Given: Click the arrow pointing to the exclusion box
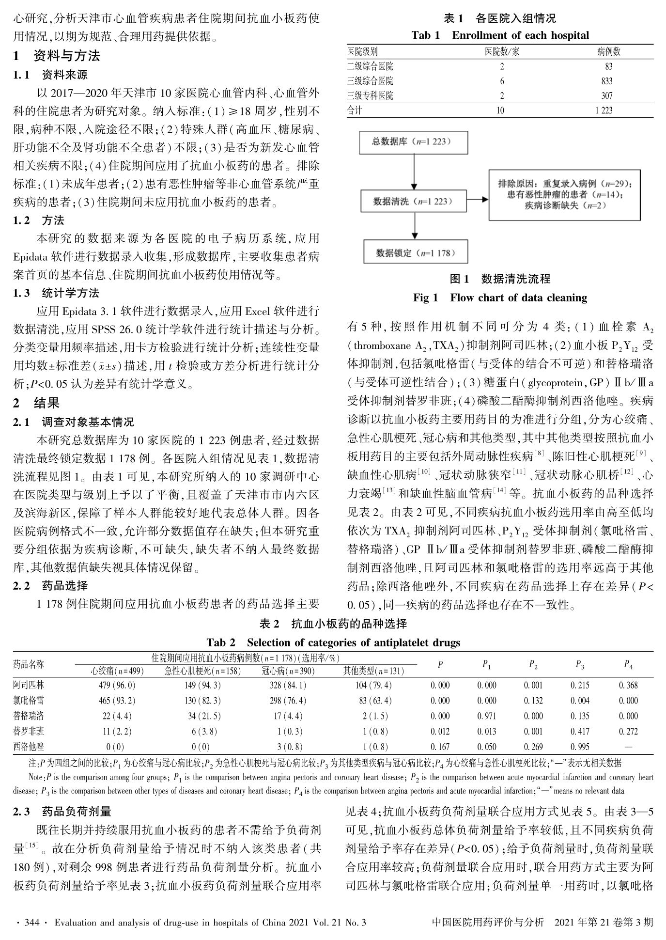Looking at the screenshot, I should [x=477, y=200].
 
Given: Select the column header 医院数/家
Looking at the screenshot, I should [x=502, y=52].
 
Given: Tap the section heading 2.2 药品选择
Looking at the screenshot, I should [x=50, y=586].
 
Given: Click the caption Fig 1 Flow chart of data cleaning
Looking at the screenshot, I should [x=500, y=298].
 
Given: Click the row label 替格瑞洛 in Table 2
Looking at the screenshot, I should [x=29, y=716].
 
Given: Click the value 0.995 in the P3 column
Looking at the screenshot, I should [x=580, y=747].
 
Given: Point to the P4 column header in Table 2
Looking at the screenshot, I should [x=628, y=665].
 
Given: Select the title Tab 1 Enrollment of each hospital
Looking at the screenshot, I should [x=500, y=35].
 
